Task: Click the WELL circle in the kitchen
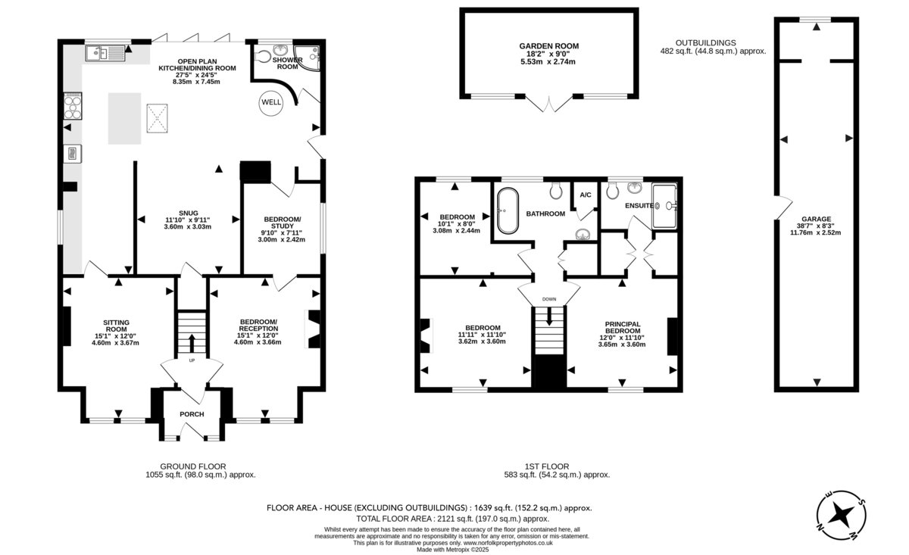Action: pos(271,102)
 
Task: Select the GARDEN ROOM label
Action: pos(549,46)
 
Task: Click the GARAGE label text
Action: pos(816,219)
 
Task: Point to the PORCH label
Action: pos(192,414)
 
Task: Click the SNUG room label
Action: pos(189,213)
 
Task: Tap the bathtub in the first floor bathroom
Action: pos(508,210)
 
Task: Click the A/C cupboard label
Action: pos(586,195)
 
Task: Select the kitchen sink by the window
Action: pos(105,53)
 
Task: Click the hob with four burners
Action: pos(73,106)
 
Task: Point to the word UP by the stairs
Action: pos(192,360)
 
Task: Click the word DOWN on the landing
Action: pos(549,299)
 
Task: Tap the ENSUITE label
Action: pos(639,206)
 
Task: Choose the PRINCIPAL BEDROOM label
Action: pos(623,327)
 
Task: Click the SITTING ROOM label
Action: pos(116,326)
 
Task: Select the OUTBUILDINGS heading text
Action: pos(706,42)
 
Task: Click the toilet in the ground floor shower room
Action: pos(263,56)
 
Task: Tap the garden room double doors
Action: pos(549,104)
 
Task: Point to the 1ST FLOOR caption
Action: pos(547,466)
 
